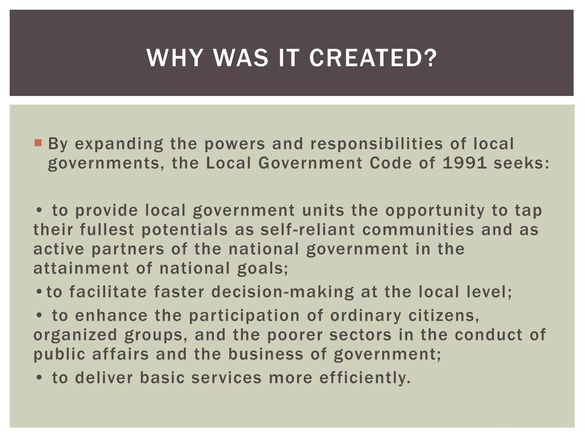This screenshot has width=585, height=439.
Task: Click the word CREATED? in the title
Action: [373, 58]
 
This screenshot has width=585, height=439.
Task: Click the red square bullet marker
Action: [38, 143]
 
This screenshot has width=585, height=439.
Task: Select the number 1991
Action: [464, 163]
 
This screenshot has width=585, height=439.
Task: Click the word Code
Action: [391, 163]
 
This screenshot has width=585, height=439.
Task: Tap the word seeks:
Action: [521, 163]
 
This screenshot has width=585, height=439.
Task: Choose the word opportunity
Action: [435, 211]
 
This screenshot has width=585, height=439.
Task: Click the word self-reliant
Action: [308, 230]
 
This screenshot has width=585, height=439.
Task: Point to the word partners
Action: [128, 249]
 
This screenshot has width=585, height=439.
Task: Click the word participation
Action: [245, 316]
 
